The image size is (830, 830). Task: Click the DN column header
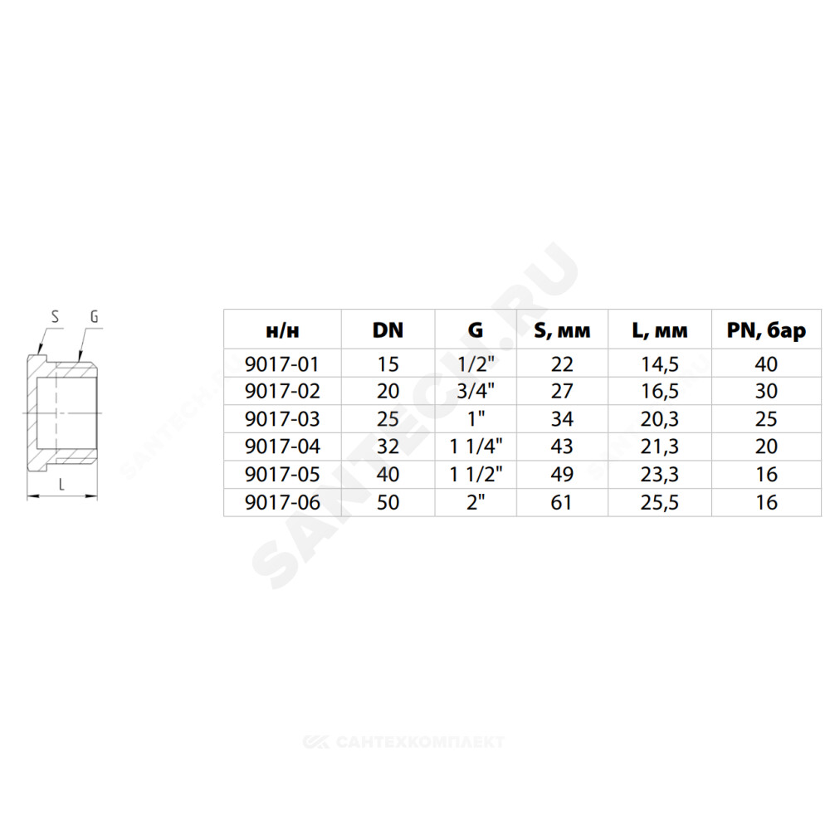(388, 330)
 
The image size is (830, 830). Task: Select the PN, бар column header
(766, 331)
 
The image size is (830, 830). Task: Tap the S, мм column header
(562, 331)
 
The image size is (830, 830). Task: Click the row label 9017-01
(282, 364)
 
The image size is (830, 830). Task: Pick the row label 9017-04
(282, 447)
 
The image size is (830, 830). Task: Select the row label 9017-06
(282, 502)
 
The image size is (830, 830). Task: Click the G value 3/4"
(476, 391)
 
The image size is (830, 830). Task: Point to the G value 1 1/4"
(476, 447)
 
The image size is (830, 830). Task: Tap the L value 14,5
(660, 364)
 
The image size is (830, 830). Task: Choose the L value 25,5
(660, 503)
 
